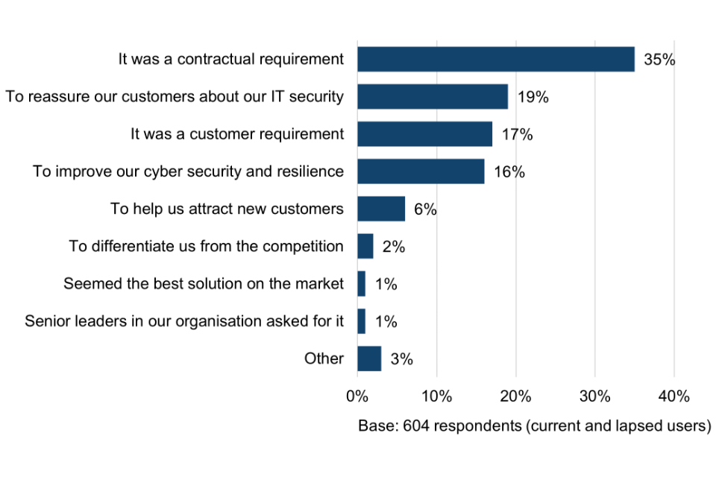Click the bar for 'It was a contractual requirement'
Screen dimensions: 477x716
[495, 60]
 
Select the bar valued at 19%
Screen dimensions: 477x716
[432, 97]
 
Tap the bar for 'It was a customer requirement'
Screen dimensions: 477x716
[424, 134]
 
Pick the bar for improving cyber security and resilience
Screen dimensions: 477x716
[421, 171]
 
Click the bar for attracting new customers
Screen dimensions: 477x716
[380, 209]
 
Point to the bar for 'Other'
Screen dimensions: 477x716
[369, 358]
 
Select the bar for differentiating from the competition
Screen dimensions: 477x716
[365, 247]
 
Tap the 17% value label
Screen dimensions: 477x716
[517, 135]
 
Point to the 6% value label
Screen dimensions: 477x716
[425, 209]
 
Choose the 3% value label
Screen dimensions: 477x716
[401, 359]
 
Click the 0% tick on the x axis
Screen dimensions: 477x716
[357, 396]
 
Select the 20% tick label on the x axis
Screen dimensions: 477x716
[515, 396]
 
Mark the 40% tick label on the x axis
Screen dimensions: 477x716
[673, 396]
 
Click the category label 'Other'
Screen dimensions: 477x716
[324, 358]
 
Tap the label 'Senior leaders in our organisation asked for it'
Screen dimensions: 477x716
[184, 321]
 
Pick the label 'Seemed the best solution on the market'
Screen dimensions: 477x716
[204, 284]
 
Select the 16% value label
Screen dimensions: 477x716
[509, 172]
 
